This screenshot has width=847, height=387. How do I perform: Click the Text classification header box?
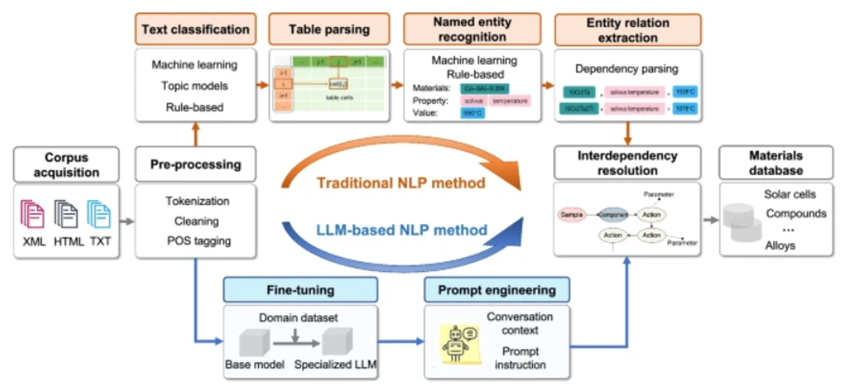point(195,29)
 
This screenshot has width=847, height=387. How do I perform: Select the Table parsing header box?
point(329,29)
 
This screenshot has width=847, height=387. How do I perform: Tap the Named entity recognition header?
point(472,29)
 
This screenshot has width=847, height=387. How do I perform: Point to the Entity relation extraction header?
point(628,29)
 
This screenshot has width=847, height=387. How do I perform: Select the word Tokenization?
point(197,201)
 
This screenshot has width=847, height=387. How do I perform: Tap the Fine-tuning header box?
point(300,289)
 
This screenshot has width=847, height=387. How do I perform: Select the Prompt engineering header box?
point(497,290)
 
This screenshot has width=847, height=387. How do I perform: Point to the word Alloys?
point(780,245)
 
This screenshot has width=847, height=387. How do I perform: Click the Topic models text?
point(195,86)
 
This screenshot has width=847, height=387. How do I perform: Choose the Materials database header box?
point(775,162)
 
